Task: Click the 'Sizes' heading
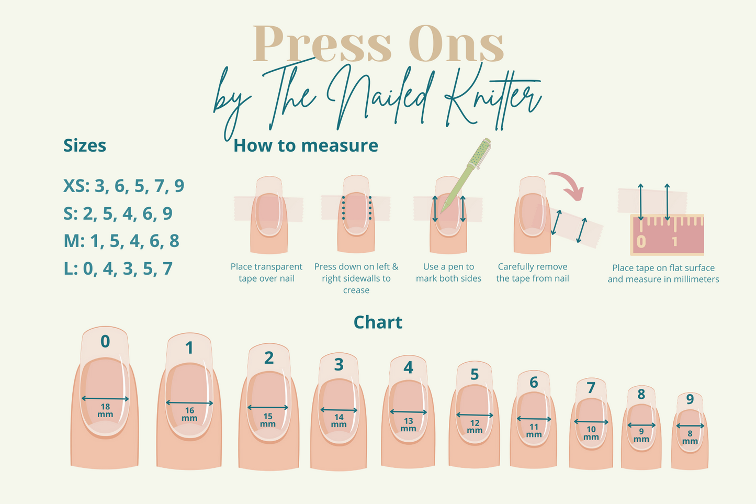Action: click(85, 146)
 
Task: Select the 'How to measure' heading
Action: click(306, 146)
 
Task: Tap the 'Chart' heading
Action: click(378, 322)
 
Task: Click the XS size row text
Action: click(124, 186)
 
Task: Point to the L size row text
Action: click(118, 268)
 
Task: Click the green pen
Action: click(466, 175)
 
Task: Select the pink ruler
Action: click(667, 234)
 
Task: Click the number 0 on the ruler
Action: click(641, 242)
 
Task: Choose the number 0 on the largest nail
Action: click(105, 342)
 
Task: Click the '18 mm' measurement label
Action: click(105, 410)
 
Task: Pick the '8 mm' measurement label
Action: click(690, 437)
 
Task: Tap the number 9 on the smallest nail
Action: click(690, 399)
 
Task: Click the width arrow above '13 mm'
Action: click(409, 412)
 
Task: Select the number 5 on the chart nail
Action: click(475, 374)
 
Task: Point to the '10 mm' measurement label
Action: click(591, 433)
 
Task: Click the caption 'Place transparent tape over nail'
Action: click(266, 273)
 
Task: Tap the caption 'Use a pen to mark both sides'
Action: click(448, 273)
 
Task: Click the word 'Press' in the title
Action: click(322, 43)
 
